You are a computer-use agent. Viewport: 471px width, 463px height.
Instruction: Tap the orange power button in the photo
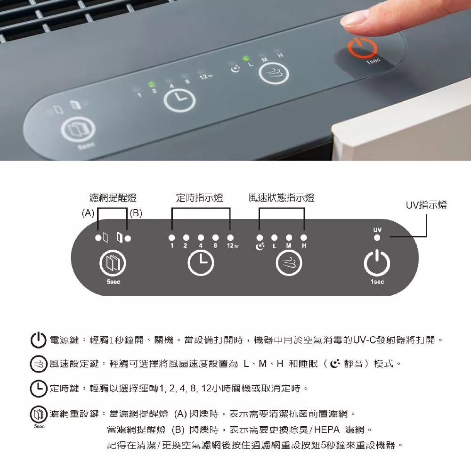[x=362, y=48]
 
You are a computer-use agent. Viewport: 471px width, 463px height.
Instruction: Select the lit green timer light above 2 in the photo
[x=152, y=84]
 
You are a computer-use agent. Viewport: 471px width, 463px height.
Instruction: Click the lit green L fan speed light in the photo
[x=246, y=58]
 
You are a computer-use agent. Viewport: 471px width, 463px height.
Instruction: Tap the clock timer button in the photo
[x=179, y=100]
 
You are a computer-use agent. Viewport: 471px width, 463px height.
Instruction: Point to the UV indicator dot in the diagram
[x=377, y=238]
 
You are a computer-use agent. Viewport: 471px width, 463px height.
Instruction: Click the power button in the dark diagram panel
[x=377, y=263]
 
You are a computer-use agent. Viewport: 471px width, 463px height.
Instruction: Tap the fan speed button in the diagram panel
[x=289, y=263]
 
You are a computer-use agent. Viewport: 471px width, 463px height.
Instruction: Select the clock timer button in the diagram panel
[x=201, y=263]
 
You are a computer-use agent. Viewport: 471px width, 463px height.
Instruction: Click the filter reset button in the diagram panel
[x=113, y=263]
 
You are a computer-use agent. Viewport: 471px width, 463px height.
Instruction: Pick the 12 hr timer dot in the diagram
[x=230, y=238]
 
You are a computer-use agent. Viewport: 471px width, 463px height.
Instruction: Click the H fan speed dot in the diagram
[x=304, y=238]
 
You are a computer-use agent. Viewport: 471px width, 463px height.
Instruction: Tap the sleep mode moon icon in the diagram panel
[x=260, y=246]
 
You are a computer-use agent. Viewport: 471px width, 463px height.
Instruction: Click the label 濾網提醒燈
[x=113, y=198]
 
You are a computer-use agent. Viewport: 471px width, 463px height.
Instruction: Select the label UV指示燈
[x=426, y=205]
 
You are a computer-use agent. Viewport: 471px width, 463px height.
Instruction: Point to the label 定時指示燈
[x=199, y=198]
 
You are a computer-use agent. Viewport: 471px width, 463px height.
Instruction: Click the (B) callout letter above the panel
[x=136, y=213]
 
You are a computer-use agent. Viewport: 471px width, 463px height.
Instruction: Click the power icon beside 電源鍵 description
[x=39, y=340]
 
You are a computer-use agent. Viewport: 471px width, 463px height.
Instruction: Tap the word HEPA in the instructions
[x=326, y=430]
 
